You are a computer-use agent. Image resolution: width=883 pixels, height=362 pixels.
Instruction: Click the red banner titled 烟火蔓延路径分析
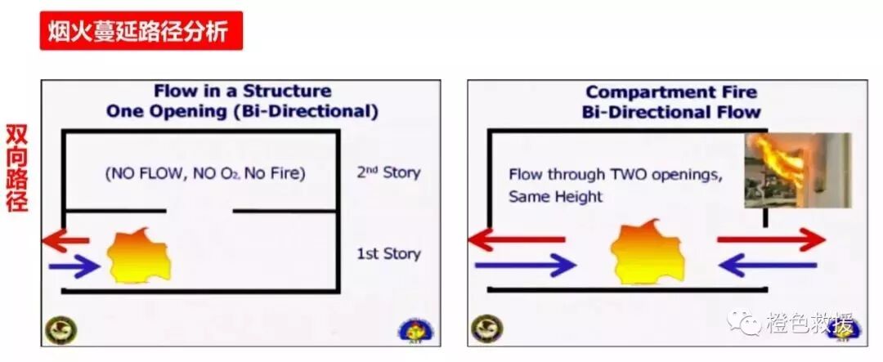(141, 31)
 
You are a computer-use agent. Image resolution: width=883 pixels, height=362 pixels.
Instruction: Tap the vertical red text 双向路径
(17, 168)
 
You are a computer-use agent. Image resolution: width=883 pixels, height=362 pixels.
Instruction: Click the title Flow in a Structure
(243, 91)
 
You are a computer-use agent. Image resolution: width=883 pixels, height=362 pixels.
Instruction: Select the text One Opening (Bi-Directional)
(243, 110)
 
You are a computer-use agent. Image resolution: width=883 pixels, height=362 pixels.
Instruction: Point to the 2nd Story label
(388, 172)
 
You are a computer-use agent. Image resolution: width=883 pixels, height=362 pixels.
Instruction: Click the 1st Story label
(388, 253)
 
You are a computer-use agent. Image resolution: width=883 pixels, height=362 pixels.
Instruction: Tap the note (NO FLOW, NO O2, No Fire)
(204, 172)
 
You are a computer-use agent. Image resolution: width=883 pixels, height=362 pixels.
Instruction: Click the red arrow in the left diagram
(66, 240)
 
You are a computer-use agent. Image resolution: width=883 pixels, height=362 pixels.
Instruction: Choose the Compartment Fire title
(671, 92)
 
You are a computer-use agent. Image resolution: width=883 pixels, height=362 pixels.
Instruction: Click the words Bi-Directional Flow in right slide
(671, 112)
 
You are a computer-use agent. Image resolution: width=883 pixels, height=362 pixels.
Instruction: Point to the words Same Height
(555, 196)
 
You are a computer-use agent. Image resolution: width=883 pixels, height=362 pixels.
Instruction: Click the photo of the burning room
(797, 170)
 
